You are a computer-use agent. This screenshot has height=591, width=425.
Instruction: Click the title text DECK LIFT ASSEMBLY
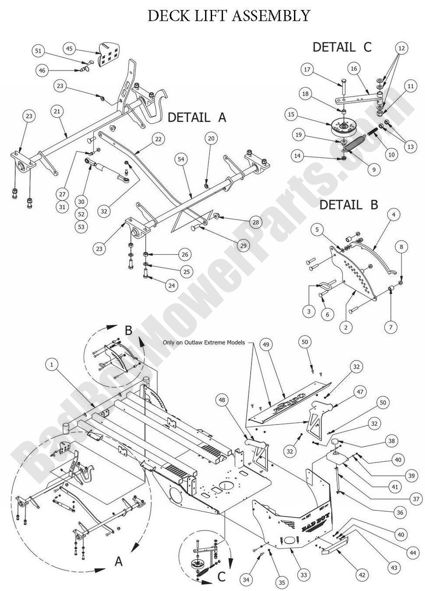[x=229, y=16]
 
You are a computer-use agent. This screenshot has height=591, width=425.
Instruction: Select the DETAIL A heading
[x=197, y=117]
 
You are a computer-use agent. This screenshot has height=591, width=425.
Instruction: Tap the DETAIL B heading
[x=349, y=205]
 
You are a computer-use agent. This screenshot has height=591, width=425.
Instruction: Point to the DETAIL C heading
[x=342, y=47]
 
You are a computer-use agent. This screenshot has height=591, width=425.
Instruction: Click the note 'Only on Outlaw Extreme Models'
[x=204, y=342]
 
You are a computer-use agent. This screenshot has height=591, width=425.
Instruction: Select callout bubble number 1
[x=52, y=365]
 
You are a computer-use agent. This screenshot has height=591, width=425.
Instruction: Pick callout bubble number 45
[x=70, y=49]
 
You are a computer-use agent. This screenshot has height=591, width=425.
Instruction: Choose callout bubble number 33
[x=304, y=575]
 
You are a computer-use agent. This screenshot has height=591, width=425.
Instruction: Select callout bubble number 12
[x=401, y=49]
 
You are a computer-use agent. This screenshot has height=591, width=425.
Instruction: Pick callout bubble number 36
[x=399, y=513]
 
